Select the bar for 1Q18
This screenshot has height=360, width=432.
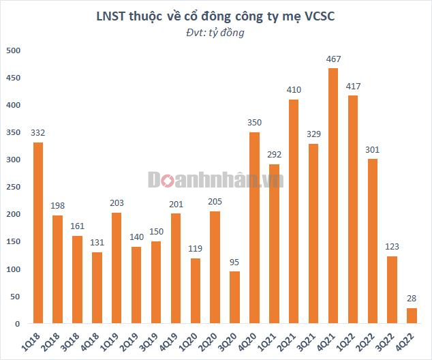38,232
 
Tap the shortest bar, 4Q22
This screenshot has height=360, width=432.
412,316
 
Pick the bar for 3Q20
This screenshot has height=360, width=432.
235,297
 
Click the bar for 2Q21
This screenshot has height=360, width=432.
294,211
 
